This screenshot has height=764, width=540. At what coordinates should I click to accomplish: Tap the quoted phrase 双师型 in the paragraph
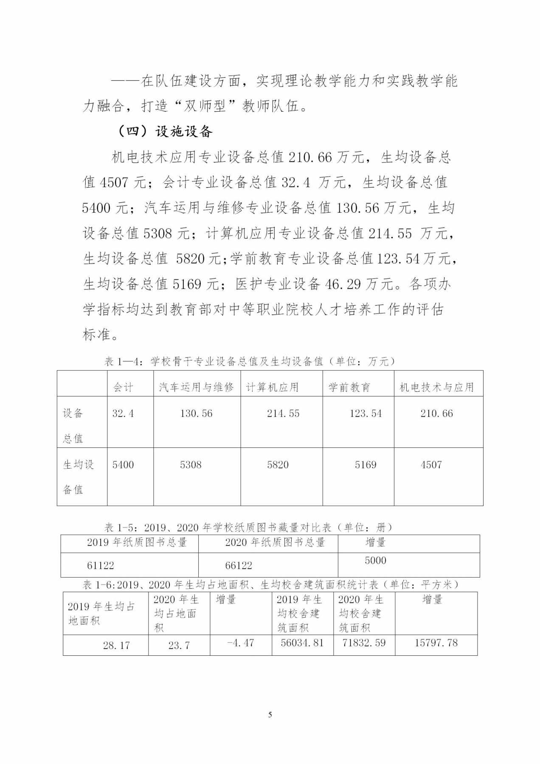(205, 106)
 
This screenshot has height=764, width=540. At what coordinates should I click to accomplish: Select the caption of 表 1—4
(250, 361)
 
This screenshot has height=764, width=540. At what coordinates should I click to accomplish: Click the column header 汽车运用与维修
(197, 387)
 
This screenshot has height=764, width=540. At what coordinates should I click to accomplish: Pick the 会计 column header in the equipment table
(124, 387)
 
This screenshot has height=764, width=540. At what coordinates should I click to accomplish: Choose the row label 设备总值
(73, 425)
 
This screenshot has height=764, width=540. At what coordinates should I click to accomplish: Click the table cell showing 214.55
(283, 413)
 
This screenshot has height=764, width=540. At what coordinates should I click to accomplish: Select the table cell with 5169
(366, 465)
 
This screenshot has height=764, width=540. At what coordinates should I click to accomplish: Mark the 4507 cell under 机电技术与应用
(431, 465)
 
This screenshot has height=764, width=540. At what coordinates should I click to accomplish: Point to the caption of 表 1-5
(249, 527)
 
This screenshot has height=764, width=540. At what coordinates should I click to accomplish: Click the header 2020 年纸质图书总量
(275, 542)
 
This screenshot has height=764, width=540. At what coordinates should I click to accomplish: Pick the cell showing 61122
(101, 565)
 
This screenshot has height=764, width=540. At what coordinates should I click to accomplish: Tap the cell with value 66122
(239, 565)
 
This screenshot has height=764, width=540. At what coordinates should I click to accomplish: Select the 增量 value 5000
(376, 560)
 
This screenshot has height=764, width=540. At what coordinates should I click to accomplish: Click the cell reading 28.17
(116, 646)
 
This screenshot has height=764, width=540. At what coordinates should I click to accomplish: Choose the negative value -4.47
(240, 643)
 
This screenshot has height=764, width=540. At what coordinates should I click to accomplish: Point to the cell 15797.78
(436, 643)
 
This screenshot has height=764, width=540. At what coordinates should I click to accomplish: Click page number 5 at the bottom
(270, 714)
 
